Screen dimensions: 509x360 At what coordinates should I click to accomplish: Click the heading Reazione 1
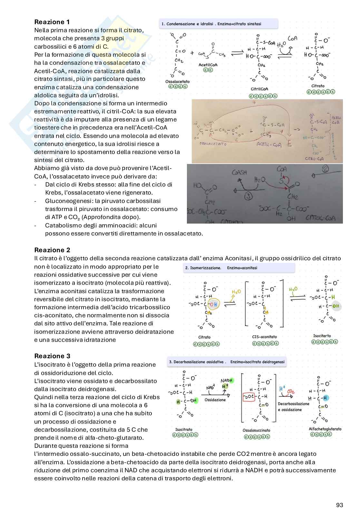click(x=52, y=22)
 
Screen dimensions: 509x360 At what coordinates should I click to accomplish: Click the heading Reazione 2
click(x=52, y=250)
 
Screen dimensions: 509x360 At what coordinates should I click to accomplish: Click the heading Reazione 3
click(x=52, y=356)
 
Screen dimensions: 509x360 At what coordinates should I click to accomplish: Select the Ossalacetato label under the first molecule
click(x=178, y=82)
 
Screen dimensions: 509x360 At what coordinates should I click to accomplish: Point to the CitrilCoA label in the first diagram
click(x=259, y=89)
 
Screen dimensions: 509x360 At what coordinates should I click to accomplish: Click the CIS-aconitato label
click(x=264, y=337)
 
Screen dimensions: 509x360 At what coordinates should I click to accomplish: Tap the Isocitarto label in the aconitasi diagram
click(x=322, y=336)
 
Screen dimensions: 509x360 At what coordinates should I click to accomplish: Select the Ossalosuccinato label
click(x=257, y=430)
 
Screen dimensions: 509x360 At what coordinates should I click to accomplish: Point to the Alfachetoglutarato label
click(x=325, y=429)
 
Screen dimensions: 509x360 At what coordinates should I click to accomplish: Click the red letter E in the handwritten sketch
click(x=289, y=144)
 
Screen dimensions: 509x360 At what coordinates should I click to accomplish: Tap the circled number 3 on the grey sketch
click(x=248, y=195)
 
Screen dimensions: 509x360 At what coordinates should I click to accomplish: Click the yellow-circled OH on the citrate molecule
click(x=214, y=304)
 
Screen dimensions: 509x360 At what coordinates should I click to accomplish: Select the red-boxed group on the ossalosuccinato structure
click(x=248, y=397)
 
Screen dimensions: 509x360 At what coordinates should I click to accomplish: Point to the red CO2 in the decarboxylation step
click(x=291, y=391)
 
